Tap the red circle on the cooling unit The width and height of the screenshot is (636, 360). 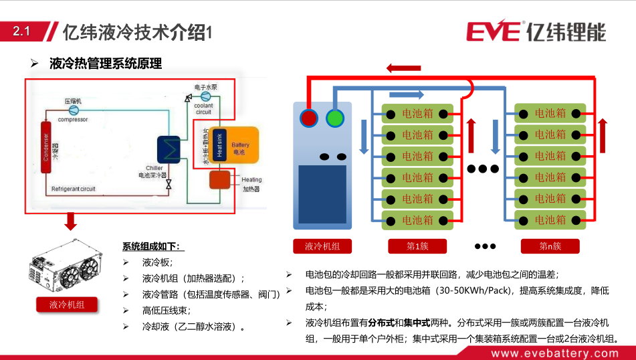click(309, 118)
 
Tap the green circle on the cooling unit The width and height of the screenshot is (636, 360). click(334, 118)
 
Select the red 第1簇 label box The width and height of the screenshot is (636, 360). click(417, 246)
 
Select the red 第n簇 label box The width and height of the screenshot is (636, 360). click(550, 246)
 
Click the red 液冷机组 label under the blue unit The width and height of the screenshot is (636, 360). click(322, 246)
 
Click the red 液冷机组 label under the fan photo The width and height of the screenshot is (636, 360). click(67, 305)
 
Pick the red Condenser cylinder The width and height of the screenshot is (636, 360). click(46, 147)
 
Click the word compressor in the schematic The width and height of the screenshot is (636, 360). click(72, 120)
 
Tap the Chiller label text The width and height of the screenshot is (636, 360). click(154, 168)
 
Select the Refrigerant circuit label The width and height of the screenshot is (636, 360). click(74, 189)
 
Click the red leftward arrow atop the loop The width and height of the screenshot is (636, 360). click(404, 68)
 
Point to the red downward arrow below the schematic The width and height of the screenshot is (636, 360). click(70, 221)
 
